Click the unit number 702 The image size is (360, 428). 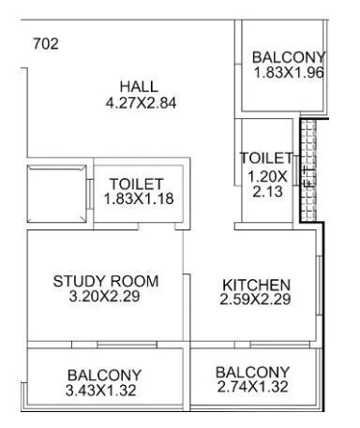coord(45,44)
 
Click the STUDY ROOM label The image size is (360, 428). coord(105,281)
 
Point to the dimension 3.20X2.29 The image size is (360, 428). coord(105,297)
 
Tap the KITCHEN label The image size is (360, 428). coord(256,285)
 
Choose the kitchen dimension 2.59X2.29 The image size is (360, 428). coord(256,300)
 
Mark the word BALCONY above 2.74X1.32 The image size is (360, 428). coord(253,371)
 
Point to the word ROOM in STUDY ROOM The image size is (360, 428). coord(133,281)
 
